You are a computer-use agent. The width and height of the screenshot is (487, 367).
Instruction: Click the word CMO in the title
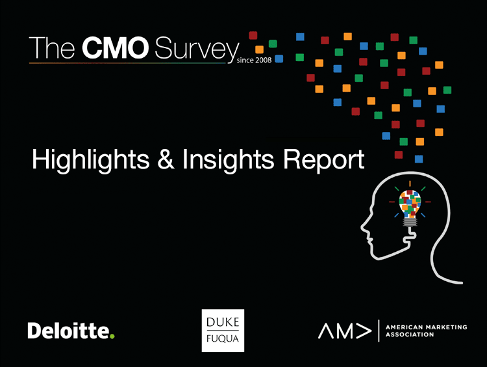tap(115, 48)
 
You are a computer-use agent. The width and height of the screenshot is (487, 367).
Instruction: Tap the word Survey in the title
tap(197, 50)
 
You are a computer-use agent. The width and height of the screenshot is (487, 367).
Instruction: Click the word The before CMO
tap(52, 48)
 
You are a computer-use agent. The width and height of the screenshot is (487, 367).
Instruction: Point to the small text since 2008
tap(254, 60)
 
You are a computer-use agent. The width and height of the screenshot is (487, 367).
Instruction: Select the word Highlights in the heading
tap(90, 159)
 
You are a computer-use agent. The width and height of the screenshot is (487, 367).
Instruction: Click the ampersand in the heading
tap(166, 159)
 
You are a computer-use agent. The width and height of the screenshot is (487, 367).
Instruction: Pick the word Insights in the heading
tap(228, 159)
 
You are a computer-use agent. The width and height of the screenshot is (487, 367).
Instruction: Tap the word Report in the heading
tap(323, 160)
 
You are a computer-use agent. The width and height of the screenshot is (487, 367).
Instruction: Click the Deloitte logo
tap(71, 331)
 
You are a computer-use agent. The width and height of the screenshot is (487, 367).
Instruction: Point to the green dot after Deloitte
tap(112, 336)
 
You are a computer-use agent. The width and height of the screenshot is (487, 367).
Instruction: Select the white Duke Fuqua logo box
tap(223, 331)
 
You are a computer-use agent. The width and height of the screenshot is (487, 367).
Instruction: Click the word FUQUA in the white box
tap(223, 338)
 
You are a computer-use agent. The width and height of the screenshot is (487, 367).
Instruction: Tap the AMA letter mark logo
tap(345, 331)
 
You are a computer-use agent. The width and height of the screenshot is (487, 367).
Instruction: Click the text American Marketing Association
tap(426, 331)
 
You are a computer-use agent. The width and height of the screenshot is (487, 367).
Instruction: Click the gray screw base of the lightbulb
tap(410, 222)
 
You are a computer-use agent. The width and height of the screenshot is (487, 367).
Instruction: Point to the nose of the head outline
tap(363, 227)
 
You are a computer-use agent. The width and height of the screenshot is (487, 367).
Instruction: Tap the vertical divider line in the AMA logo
tap(379, 331)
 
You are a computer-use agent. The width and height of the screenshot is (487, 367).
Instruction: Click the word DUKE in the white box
tap(223, 322)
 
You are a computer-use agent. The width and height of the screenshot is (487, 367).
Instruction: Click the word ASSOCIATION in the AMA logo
tap(409, 334)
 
